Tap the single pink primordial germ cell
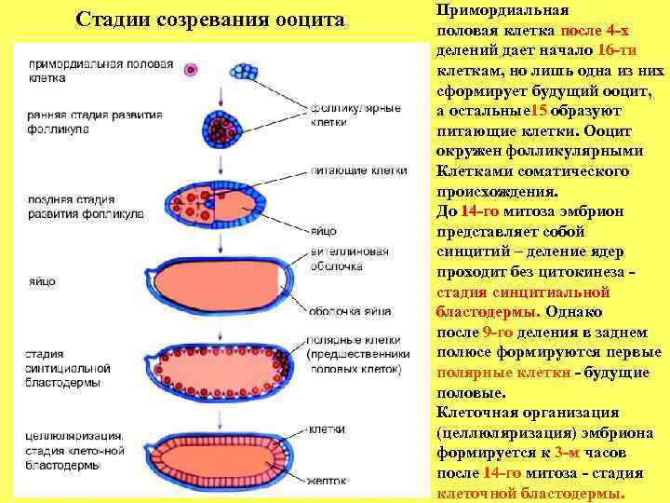[x=192, y=69]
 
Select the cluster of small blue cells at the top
[x=246, y=72]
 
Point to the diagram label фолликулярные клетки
[x=356, y=115]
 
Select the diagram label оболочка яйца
[x=343, y=311]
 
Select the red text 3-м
[x=564, y=453]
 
